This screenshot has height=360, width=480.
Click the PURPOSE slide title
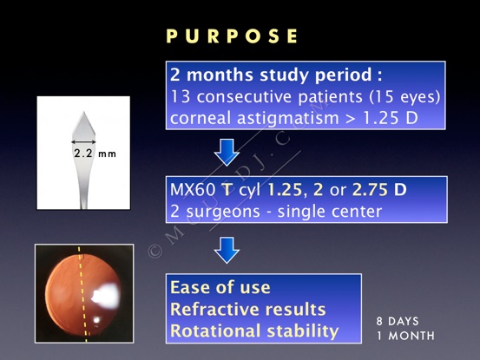(x=232, y=36)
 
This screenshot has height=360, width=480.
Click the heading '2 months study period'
(x=271, y=75)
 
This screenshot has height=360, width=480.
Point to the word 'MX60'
(x=193, y=190)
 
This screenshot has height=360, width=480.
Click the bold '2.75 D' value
(x=379, y=190)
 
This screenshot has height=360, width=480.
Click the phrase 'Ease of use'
(x=220, y=287)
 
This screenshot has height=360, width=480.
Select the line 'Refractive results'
(x=248, y=309)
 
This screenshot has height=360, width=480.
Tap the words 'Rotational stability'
(x=254, y=331)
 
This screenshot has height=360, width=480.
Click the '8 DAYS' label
(x=398, y=321)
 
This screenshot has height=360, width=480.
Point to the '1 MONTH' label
(x=405, y=336)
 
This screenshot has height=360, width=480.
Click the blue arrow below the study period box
(x=227, y=153)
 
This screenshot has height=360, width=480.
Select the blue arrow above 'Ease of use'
(x=227, y=250)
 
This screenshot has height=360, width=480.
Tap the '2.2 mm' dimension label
(x=95, y=154)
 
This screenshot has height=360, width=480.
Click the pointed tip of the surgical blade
(x=83, y=112)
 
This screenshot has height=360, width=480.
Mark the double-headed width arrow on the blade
(x=83, y=142)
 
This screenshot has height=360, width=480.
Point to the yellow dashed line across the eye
(x=82, y=294)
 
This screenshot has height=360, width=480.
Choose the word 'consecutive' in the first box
(x=245, y=97)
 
